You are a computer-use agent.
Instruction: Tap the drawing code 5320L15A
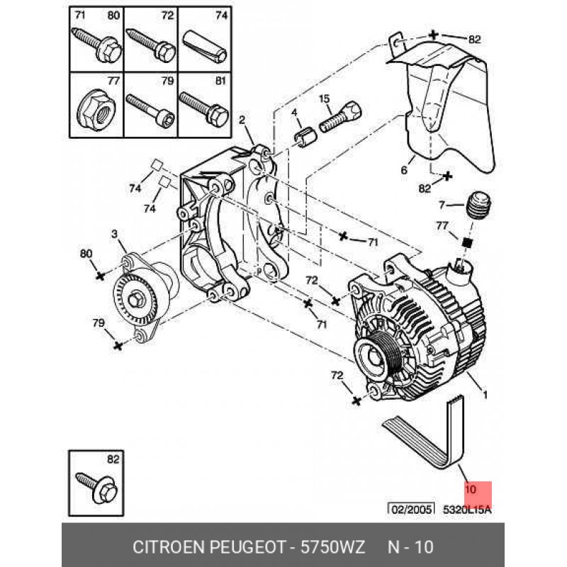point(467,509)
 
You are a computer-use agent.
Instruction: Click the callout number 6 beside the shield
point(404,170)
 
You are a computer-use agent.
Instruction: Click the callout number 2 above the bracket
point(241,120)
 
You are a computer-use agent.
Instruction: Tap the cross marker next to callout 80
point(100,274)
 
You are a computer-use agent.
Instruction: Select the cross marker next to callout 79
point(118,345)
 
